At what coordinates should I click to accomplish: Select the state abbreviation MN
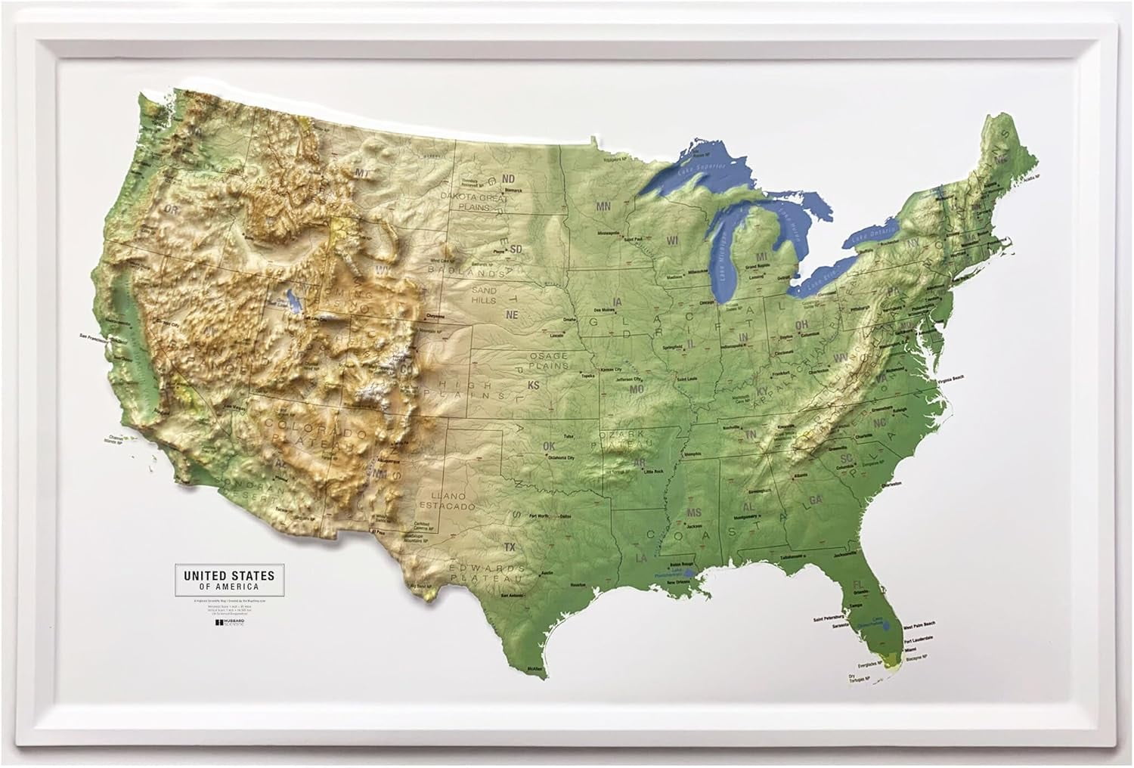tap(603, 206)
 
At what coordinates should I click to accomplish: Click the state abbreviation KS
tap(533, 386)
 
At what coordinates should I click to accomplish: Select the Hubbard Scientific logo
tap(231, 623)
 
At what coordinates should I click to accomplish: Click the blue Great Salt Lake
tap(291, 303)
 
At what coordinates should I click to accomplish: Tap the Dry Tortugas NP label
tap(856, 678)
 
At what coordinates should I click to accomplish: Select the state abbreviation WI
tap(673, 240)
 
